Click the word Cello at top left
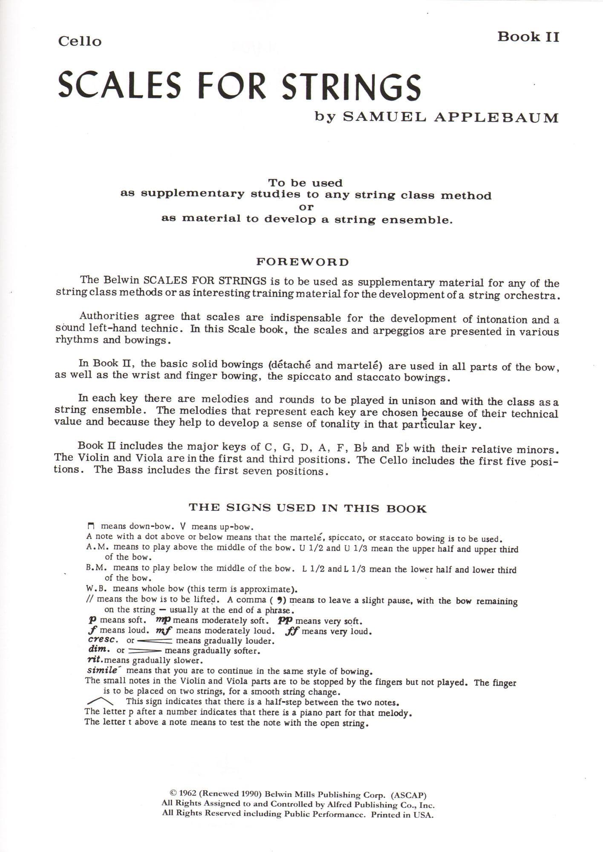80,41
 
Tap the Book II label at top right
528,37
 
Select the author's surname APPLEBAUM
496,118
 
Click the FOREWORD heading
302,262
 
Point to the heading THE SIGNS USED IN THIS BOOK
307,508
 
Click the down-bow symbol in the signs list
90,526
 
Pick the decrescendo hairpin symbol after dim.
145,651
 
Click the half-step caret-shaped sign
100,701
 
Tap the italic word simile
102,670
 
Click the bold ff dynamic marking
293,631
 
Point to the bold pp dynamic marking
286,621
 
